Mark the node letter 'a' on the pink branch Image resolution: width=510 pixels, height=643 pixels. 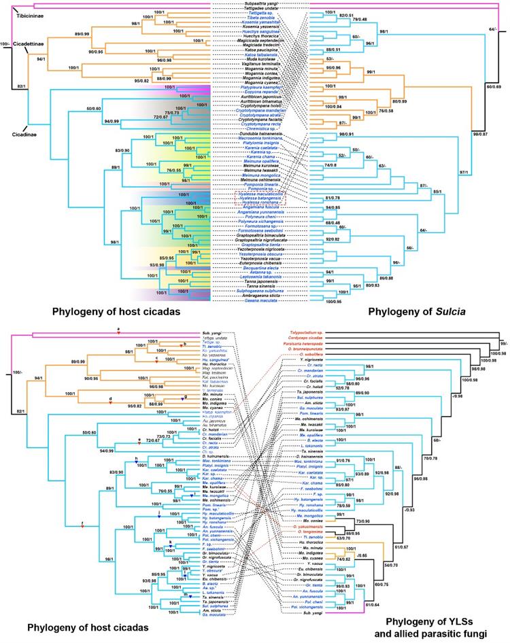[118, 329]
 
